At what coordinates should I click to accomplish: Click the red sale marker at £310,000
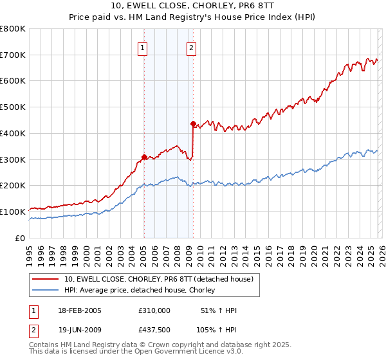(x=144, y=156)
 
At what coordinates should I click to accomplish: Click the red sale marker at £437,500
(x=193, y=123)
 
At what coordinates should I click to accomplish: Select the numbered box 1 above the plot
(x=142, y=47)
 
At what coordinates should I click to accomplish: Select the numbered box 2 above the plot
(x=192, y=47)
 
